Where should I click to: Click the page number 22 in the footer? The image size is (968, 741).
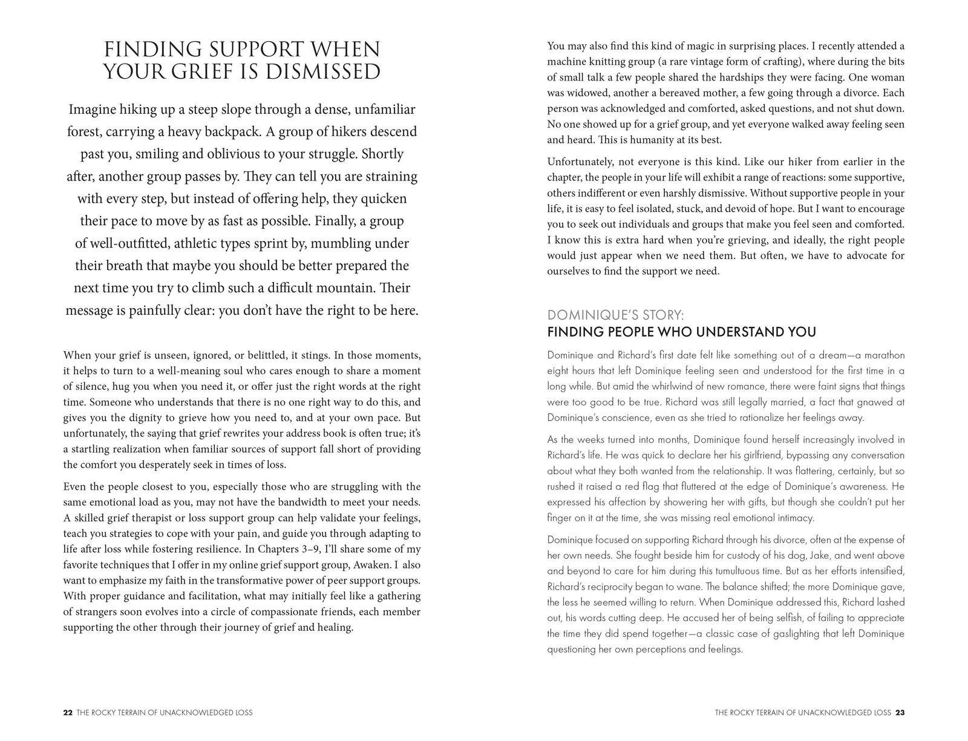coord(68,713)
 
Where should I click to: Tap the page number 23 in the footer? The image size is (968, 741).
coord(900,713)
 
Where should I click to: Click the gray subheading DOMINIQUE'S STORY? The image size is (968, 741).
coord(615,315)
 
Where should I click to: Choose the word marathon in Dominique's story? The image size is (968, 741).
coord(881,355)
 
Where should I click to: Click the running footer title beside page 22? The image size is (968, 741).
coord(165,713)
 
